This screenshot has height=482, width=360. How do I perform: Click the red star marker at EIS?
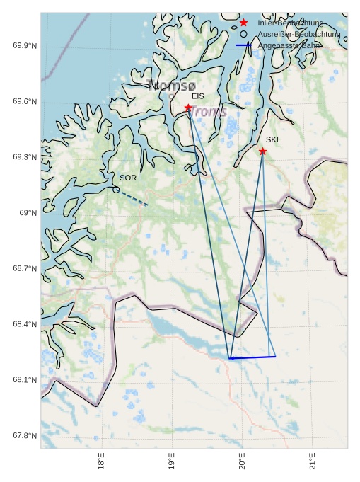(188, 108)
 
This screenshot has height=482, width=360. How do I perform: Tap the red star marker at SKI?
(262, 151)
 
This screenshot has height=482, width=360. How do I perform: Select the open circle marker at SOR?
(116, 189)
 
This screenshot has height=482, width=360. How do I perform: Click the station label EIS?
(198, 96)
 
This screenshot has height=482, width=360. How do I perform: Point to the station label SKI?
(272, 139)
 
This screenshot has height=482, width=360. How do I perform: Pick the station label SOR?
(128, 178)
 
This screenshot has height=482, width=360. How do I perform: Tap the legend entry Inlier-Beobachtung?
(291, 23)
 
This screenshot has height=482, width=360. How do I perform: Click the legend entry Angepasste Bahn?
(290, 45)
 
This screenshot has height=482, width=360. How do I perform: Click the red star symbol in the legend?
(243, 23)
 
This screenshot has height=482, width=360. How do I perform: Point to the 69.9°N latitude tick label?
(25, 46)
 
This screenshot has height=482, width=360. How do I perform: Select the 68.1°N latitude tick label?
(25, 380)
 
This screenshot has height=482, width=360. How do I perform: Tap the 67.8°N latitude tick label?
(25, 435)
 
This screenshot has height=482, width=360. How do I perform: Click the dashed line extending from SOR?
(133, 197)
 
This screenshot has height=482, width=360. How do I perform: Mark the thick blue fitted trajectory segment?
(252, 357)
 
